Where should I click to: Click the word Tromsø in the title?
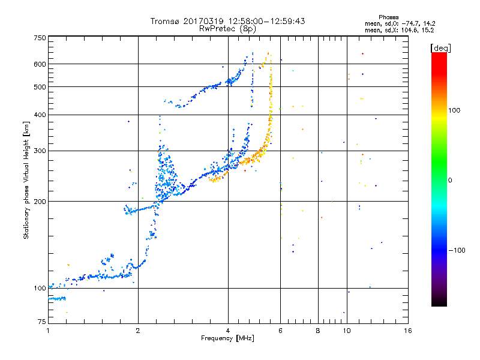(165, 21)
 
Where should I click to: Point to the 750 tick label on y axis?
(40, 38)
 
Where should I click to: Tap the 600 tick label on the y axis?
(40, 64)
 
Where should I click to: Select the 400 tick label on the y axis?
(40, 115)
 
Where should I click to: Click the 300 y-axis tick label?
(40, 151)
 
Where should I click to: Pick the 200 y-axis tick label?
(40, 201)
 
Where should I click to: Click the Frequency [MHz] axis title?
(228, 338)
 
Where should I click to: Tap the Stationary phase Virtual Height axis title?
(26, 181)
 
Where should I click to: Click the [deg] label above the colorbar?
(441, 47)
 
